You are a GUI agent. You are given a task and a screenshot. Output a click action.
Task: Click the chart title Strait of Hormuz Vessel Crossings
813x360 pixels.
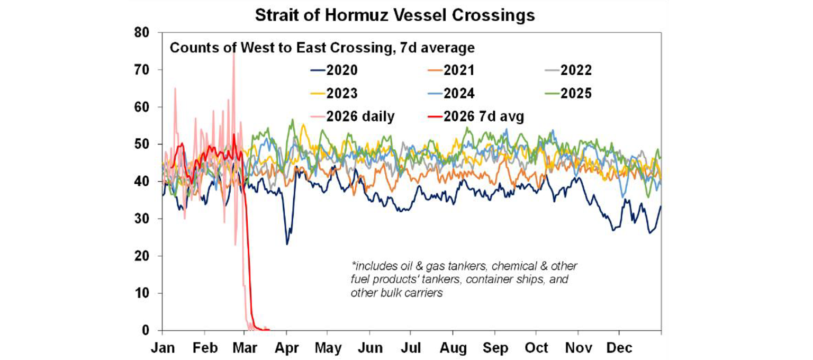(x=394, y=15)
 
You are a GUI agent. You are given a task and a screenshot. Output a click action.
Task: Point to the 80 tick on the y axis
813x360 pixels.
(x=143, y=33)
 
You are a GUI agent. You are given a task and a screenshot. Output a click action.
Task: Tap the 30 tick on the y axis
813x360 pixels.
(x=143, y=219)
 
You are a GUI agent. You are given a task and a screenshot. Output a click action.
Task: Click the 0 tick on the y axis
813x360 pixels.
(x=147, y=331)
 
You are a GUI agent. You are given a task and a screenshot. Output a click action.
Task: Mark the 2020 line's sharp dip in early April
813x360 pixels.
(x=287, y=244)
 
